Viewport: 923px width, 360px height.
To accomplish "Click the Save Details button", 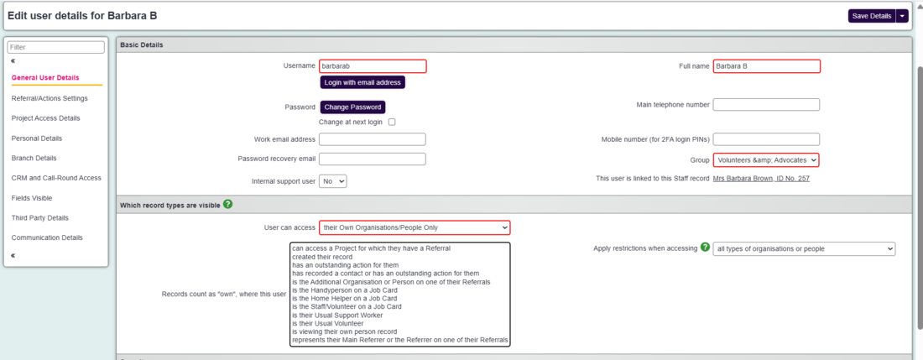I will coord(871,16).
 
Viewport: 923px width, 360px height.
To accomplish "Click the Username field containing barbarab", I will coord(373,66).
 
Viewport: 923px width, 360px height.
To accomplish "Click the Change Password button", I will coord(352,107).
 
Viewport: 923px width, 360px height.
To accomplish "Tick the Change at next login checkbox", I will coord(391,123).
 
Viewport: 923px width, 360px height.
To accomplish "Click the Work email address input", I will coord(373,139).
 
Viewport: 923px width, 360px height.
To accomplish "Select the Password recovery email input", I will coord(373,159).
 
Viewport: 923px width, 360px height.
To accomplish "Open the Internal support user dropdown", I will coord(332,180).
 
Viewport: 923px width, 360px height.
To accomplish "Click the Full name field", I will coord(766,66).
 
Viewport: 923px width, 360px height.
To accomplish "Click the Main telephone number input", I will coord(766,105).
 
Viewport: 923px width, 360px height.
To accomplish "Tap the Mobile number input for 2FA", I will coord(766,139).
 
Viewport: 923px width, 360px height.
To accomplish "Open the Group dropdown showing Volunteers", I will coord(766,159).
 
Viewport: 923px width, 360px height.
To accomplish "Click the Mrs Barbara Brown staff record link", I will coord(760,179).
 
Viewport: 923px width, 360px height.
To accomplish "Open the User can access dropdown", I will coord(415,227).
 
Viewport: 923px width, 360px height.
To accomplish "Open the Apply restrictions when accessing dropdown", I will coord(804,248).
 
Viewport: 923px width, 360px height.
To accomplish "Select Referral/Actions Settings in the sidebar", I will coord(50,98).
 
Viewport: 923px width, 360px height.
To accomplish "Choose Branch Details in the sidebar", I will coord(34,158).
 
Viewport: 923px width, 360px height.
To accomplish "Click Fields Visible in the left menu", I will coord(32,198).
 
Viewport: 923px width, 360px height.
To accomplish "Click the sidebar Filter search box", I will coord(56,48).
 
